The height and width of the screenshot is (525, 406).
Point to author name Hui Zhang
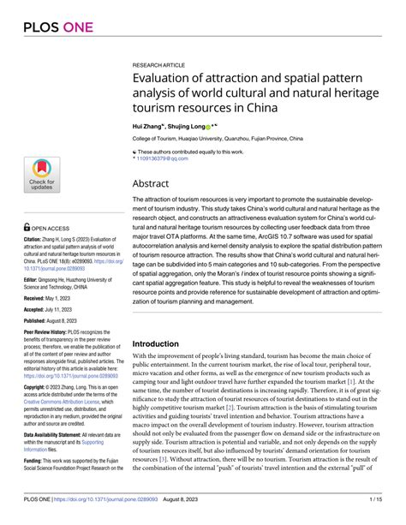[149, 125]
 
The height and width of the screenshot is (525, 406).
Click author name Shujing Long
[186, 125]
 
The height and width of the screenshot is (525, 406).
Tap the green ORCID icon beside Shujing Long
[208, 126]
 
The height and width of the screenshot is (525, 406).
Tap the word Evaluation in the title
[165, 80]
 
